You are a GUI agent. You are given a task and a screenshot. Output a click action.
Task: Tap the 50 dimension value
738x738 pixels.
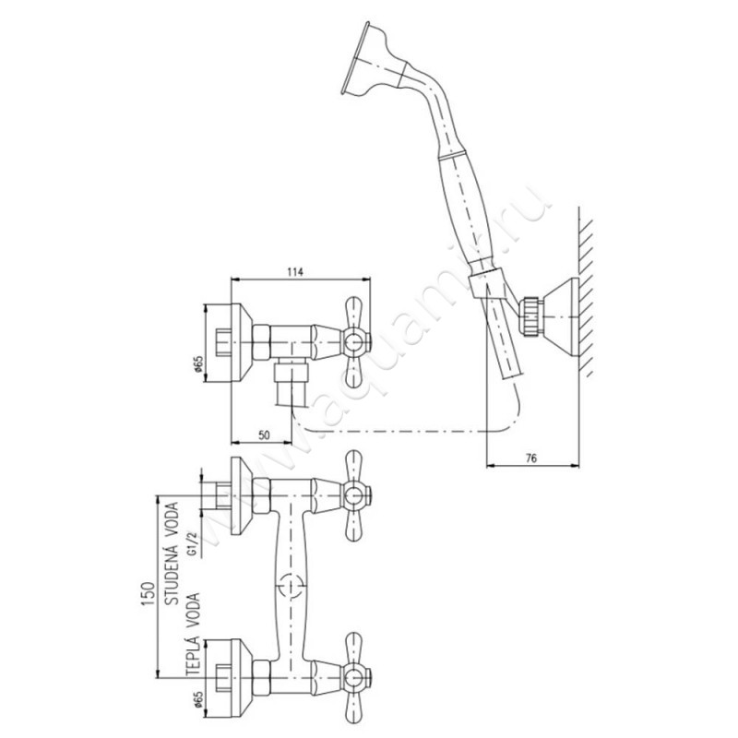point(265,434)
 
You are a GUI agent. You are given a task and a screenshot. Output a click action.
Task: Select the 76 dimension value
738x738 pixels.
point(531,458)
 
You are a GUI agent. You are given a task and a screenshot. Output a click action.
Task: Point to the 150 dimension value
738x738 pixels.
point(148,596)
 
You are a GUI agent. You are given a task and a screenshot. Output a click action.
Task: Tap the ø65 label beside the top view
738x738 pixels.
point(199,363)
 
